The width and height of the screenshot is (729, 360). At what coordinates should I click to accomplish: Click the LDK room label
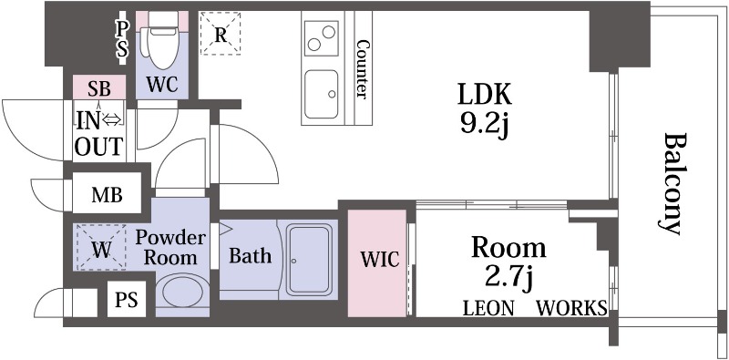pyautogui.click(x=485, y=95)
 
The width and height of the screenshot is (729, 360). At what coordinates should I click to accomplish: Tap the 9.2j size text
pyautogui.click(x=485, y=125)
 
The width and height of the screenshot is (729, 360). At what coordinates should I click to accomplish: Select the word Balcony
pyautogui.click(x=673, y=184)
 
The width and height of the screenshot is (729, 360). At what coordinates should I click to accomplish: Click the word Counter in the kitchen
pyautogui.click(x=362, y=69)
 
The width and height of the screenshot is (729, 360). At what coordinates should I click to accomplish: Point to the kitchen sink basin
pyautogui.click(x=322, y=94)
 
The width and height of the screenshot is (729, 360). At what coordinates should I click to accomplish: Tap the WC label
pyautogui.click(x=162, y=85)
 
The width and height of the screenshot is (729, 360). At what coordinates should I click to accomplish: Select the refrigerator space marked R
pyautogui.click(x=221, y=34)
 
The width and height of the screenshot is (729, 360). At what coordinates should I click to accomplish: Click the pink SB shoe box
pyautogui.click(x=99, y=87)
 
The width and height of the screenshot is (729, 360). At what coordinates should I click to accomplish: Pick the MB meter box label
pyautogui.click(x=107, y=195)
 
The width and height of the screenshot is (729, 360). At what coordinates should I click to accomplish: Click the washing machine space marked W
pyautogui.click(x=101, y=247)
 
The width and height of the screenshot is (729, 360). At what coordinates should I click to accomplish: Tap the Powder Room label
pyautogui.click(x=170, y=247)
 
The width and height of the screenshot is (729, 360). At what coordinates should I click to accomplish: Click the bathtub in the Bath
pyautogui.click(x=310, y=260)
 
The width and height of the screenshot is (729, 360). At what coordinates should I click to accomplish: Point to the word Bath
pyautogui.click(x=250, y=255)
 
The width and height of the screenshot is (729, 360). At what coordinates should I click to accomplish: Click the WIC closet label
pyautogui.click(x=380, y=260)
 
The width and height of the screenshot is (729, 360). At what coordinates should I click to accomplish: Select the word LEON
pyautogui.click(x=488, y=308)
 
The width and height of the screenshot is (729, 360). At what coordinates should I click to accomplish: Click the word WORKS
pyautogui.click(x=572, y=308)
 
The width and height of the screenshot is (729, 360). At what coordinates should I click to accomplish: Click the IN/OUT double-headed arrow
pyautogui.click(x=111, y=120)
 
